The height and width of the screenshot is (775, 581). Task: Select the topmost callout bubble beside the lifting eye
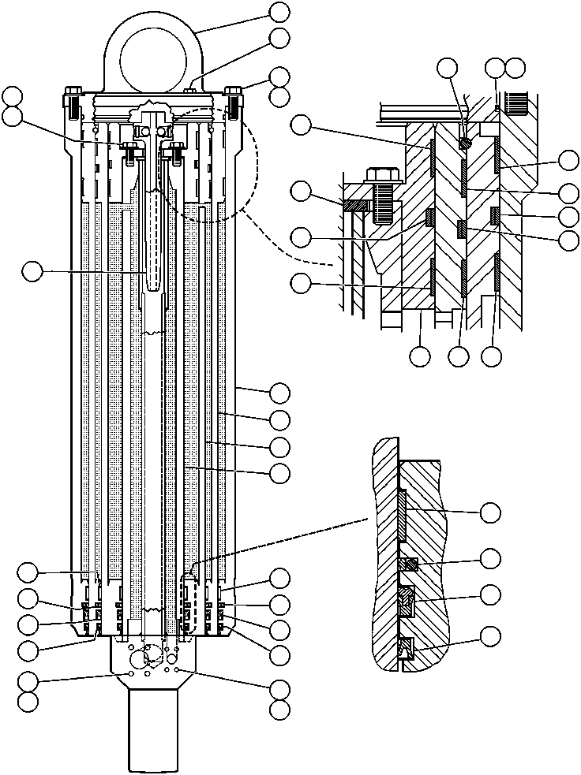point(279,11)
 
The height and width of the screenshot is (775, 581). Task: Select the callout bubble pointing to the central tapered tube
point(32,271)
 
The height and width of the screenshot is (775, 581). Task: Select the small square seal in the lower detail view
point(409,564)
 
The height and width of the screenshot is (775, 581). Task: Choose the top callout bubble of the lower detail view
point(490,512)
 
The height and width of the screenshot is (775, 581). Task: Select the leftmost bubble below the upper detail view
point(420,356)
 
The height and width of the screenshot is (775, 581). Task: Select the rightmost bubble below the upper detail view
point(491,356)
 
